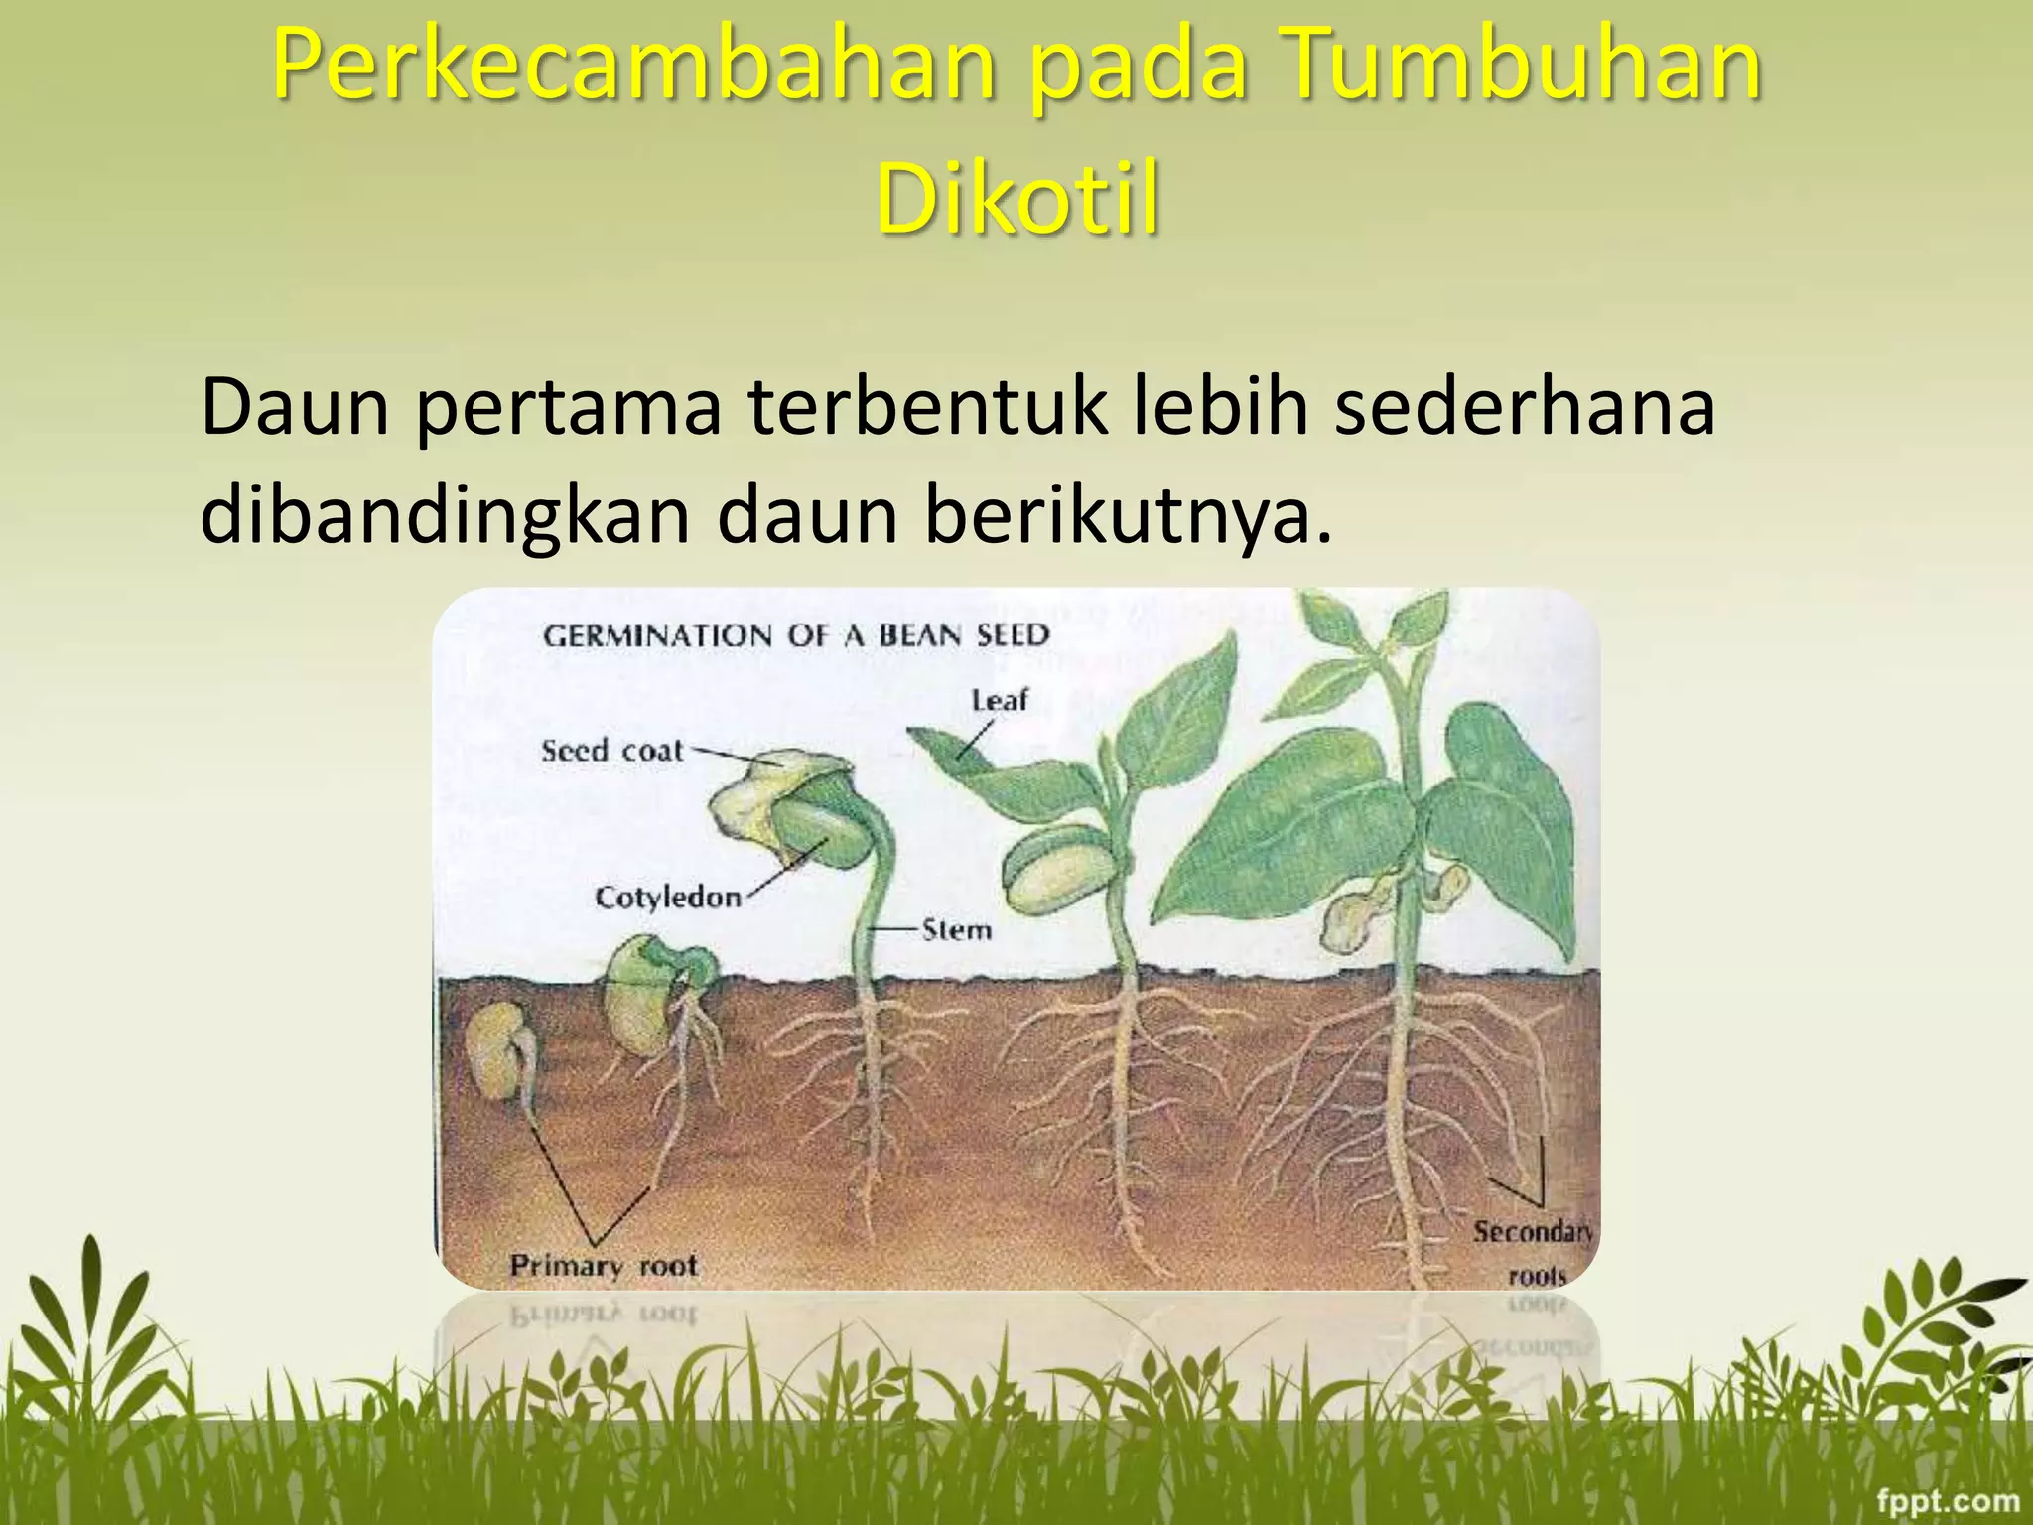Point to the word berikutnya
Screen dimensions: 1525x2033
(1128, 516)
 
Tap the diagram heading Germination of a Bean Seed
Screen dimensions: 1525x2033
(795, 635)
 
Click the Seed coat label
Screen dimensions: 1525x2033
(612, 751)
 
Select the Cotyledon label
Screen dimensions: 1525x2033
(668, 898)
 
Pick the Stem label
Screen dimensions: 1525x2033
(957, 930)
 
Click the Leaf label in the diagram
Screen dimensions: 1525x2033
(999, 700)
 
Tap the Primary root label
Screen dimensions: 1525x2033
(604, 1266)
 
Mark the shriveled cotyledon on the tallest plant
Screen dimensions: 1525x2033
(1355, 918)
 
